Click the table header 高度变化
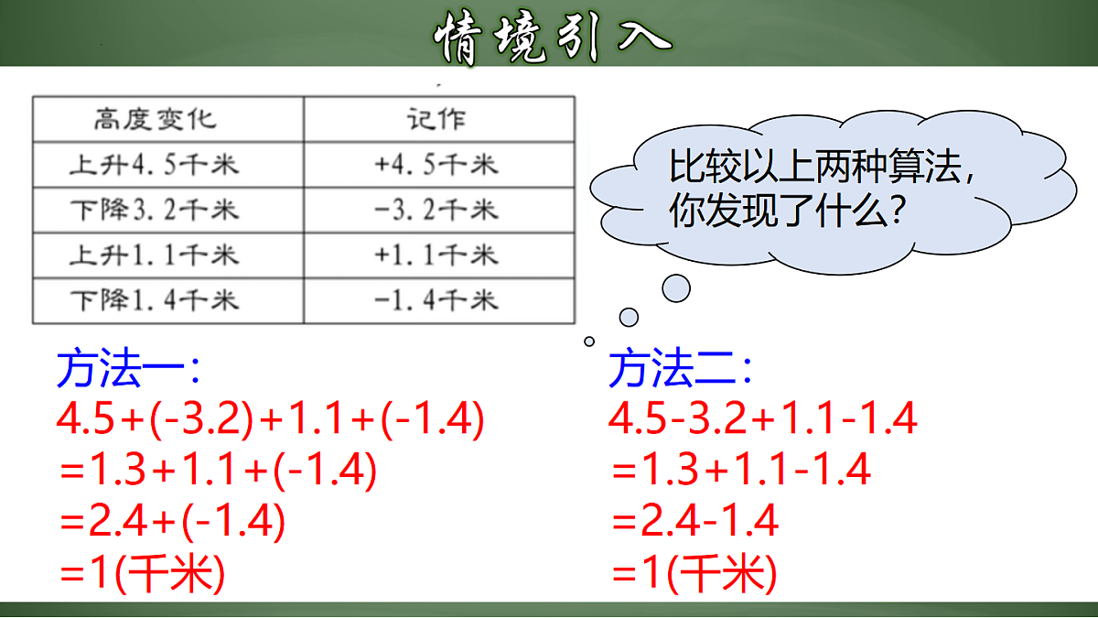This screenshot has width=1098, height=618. pos(155,119)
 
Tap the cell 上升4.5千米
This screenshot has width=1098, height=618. pos(155,165)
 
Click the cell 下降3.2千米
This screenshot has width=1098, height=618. pos(155,211)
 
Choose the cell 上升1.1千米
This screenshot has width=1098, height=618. pos(155,255)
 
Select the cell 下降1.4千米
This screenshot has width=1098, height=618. pos(155,299)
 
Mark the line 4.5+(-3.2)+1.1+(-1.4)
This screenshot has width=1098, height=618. pos(270,419)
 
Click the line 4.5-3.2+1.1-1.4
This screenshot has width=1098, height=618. pos(763,419)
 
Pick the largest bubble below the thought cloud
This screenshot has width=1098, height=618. pos(676,288)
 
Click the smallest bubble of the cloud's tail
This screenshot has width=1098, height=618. pos(589,342)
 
